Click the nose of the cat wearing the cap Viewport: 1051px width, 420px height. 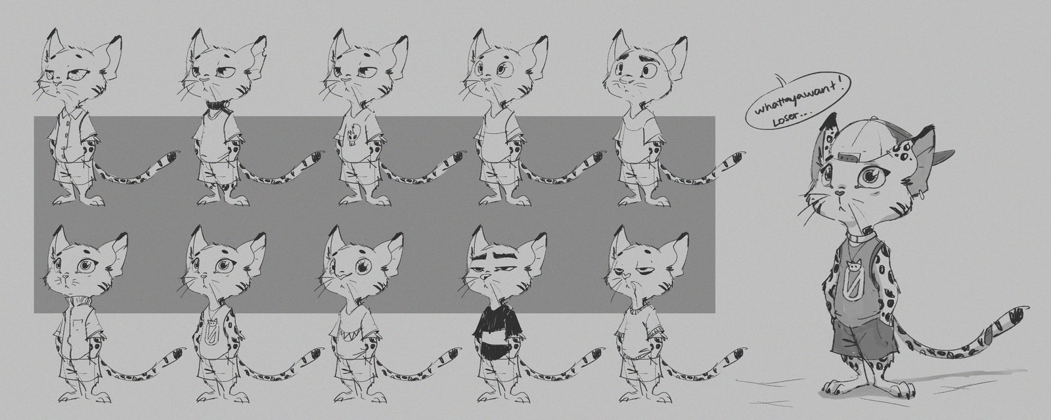[x=839, y=192]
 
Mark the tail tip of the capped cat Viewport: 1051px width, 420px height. [x=1019, y=312]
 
